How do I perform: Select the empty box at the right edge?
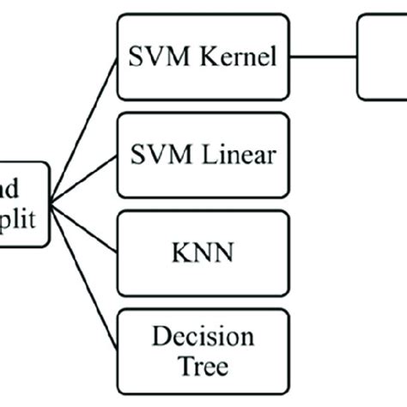(383, 58)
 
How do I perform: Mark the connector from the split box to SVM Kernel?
(84, 129)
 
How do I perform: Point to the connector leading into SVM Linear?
(84, 178)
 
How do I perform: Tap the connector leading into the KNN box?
(84, 228)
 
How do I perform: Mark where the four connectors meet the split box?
(51, 203)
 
